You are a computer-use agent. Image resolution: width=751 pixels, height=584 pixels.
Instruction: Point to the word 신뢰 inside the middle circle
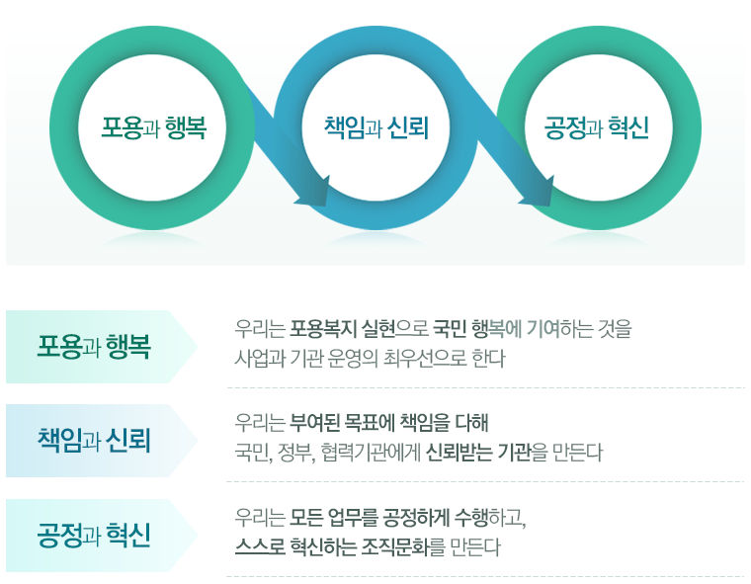pyautogui.click(x=407, y=127)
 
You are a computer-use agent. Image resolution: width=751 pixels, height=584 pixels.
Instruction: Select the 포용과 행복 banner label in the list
pyautogui.click(x=94, y=347)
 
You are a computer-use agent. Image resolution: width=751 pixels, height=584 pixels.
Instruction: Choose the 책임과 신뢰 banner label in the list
pyautogui.click(x=94, y=440)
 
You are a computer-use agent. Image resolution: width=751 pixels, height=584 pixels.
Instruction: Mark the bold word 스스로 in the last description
pyautogui.click(x=256, y=546)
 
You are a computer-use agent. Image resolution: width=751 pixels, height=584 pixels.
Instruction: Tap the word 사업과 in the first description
pyautogui.click(x=252, y=357)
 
